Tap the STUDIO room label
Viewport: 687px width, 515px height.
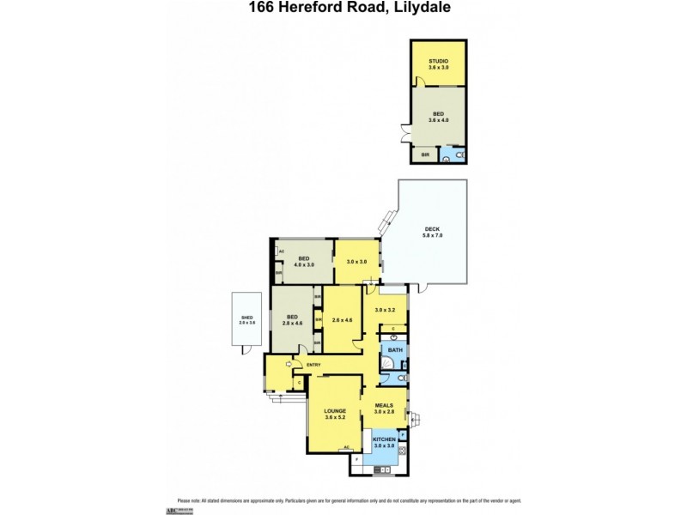tap(438, 63)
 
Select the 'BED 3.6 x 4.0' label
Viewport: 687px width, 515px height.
tap(438, 117)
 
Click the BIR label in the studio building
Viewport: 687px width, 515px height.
tap(424, 155)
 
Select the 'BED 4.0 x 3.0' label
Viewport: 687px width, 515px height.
tap(303, 260)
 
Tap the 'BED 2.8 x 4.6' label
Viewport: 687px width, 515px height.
tap(293, 319)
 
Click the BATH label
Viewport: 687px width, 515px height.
tap(395, 350)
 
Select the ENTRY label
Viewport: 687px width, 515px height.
tap(313, 365)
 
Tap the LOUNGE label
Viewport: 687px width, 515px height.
tap(335, 414)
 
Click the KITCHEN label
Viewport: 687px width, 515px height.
tap(383, 441)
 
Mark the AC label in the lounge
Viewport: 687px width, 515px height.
tap(345, 447)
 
